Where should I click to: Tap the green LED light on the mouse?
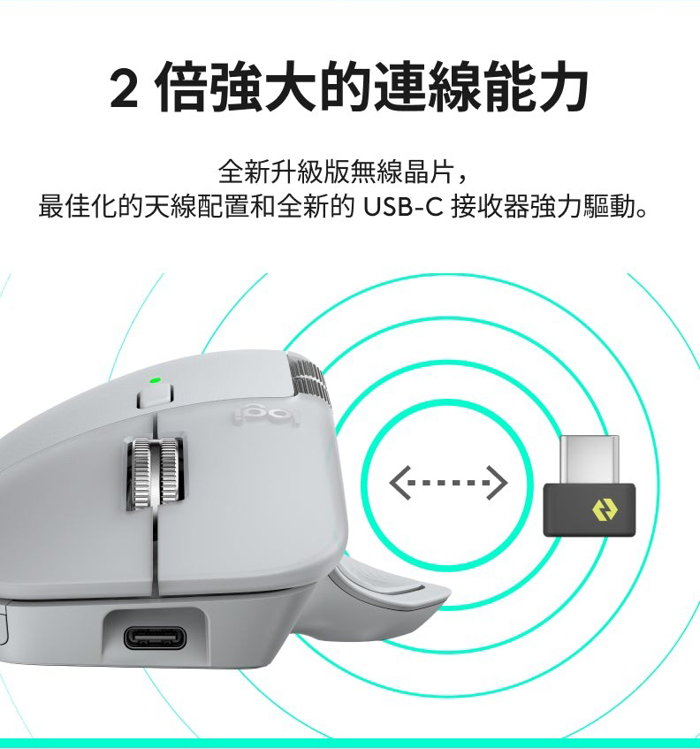click(155, 381)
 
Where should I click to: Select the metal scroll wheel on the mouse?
click(156, 472)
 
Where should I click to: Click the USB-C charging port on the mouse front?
click(156, 638)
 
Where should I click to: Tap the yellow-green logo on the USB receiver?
click(605, 510)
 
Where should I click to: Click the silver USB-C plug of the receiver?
click(590, 460)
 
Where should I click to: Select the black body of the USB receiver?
click(590, 509)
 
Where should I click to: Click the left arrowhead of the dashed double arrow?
click(399, 483)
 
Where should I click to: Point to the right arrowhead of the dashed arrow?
click(497, 483)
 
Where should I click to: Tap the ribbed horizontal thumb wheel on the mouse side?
click(309, 379)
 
